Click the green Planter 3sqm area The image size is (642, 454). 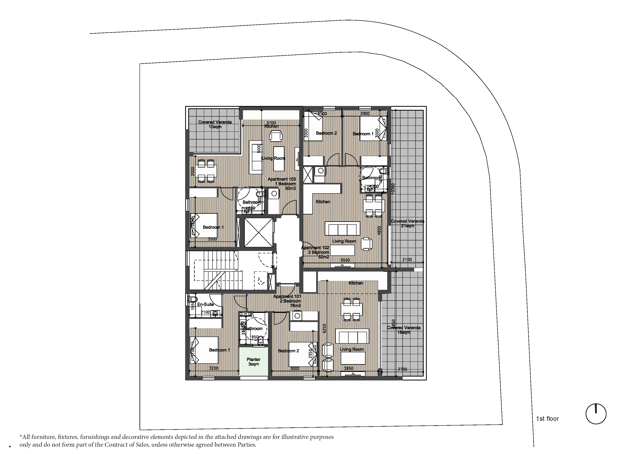(x=253, y=362)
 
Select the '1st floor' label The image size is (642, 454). (x=547, y=419)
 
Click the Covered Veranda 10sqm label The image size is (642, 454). (x=215, y=124)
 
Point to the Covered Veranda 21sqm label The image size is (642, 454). (x=407, y=223)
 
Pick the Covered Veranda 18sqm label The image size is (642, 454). (x=403, y=330)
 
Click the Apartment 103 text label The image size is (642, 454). (x=282, y=179)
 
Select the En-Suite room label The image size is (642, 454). (x=206, y=304)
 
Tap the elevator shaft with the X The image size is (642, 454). (x=258, y=233)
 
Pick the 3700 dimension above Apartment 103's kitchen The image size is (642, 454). (x=271, y=123)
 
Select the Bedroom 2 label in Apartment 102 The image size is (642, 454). (x=326, y=133)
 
